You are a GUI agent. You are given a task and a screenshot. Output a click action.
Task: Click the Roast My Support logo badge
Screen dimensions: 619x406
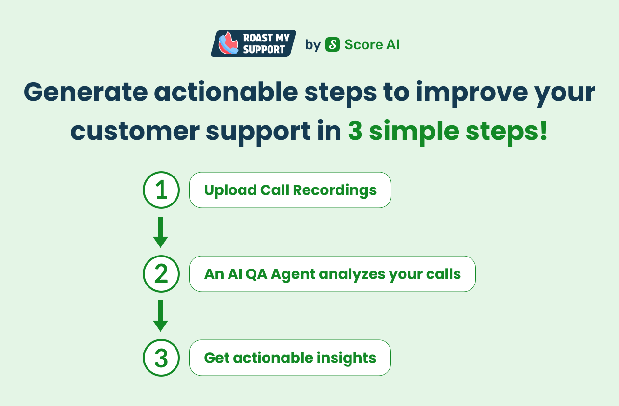(253, 43)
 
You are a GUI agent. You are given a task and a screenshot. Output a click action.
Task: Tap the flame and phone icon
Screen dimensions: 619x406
(228, 43)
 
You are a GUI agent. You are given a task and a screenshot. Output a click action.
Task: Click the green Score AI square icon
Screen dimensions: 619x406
(333, 44)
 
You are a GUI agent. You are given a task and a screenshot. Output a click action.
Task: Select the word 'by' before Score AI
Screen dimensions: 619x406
(312, 45)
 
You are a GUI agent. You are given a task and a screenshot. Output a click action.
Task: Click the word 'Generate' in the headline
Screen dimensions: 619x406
(86, 92)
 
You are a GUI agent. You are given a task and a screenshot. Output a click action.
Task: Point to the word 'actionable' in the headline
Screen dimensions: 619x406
(226, 92)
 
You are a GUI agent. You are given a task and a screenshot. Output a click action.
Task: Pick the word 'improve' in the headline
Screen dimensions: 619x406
(472, 94)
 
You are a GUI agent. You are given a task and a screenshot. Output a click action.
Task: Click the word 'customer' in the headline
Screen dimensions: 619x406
(135, 132)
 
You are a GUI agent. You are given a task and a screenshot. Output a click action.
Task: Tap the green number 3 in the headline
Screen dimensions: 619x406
(355, 131)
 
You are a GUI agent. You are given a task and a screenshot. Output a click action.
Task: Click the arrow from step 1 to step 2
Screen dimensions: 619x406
(161, 232)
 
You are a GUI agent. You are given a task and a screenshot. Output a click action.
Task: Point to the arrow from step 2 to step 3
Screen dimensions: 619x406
(161, 316)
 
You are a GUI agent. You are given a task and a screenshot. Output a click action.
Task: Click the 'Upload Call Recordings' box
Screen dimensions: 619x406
(290, 190)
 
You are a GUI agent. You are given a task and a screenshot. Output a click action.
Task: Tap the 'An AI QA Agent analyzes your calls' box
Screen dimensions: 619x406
(333, 274)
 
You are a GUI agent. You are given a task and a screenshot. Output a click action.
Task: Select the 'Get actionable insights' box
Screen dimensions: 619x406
(290, 358)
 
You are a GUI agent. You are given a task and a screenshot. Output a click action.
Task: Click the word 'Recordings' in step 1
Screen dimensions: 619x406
(335, 190)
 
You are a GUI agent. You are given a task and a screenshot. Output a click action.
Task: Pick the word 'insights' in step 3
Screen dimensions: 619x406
(346, 358)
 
